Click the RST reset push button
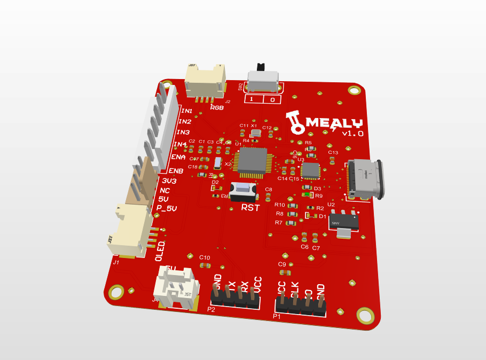point(241,190)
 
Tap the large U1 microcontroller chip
point(252,161)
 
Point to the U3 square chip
point(310,170)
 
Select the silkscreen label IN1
point(186,111)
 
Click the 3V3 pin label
point(169,181)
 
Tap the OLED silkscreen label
point(160,251)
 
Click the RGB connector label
point(217,107)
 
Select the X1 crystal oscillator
point(255,132)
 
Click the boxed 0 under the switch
point(272,100)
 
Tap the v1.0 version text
point(352,133)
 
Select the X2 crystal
point(217,163)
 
